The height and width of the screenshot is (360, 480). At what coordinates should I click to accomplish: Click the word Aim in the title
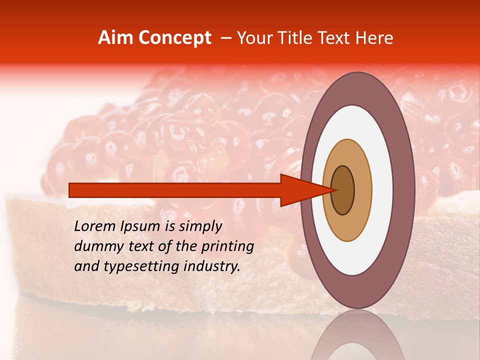click(x=115, y=38)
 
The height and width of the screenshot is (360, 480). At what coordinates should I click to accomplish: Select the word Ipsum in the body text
click(x=141, y=226)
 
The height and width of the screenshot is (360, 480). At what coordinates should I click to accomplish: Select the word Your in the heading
click(x=253, y=38)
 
